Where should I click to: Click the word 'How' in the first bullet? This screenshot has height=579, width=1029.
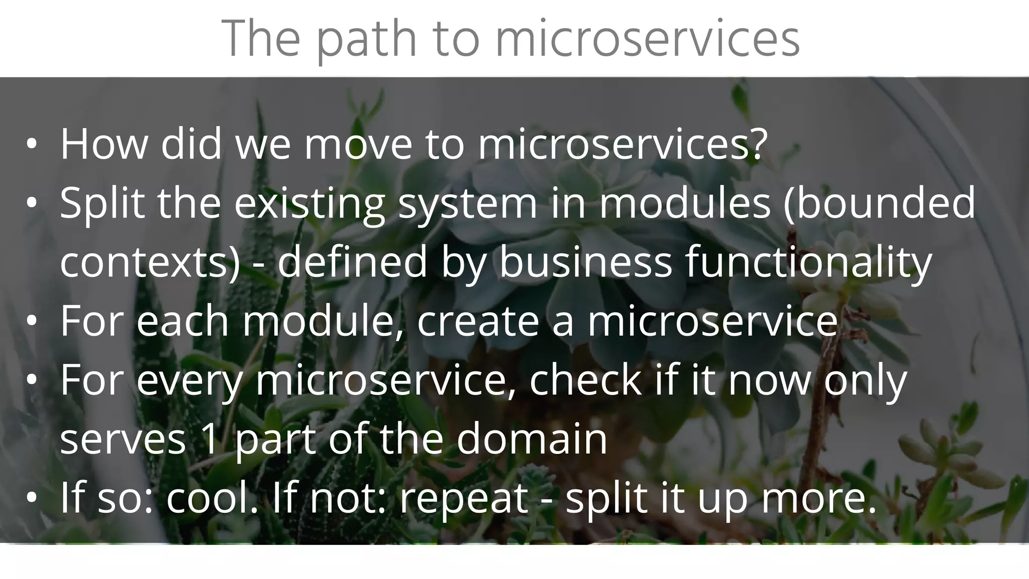click(x=104, y=144)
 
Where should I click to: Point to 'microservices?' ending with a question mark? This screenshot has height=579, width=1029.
click(x=623, y=144)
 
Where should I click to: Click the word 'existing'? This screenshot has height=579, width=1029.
click(x=309, y=204)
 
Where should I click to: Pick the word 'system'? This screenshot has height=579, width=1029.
click(x=468, y=204)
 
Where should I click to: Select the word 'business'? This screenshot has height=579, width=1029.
click(x=585, y=262)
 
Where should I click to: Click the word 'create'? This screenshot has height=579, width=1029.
click(x=478, y=321)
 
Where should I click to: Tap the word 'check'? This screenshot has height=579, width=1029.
click(x=585, y=380)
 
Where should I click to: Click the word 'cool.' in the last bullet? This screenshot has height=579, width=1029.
click(x=212, y=498)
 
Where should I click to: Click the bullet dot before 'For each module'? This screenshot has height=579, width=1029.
click(x=32, y=322)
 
